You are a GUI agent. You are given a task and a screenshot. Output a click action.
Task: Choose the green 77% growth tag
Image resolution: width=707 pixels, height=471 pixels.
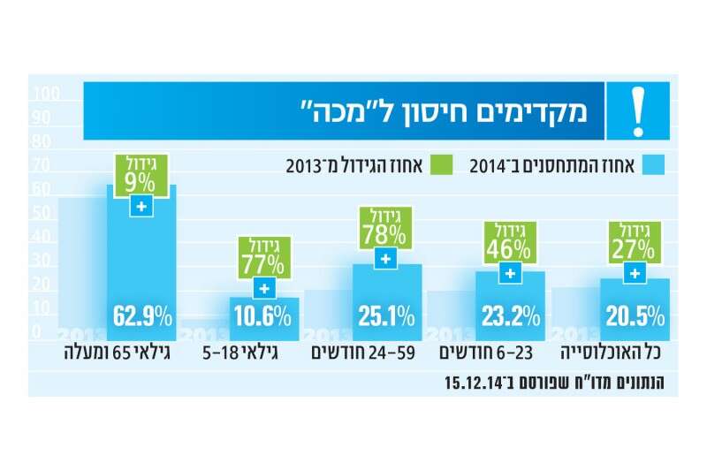pyautogui.click(x=262, y=256)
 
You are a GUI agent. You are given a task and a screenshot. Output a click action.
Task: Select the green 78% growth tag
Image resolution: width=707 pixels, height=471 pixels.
pyautogui.click(x=384, y=227)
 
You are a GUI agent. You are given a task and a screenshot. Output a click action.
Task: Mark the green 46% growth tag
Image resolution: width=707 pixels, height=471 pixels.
pyautogui.click(x=509, y=241)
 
